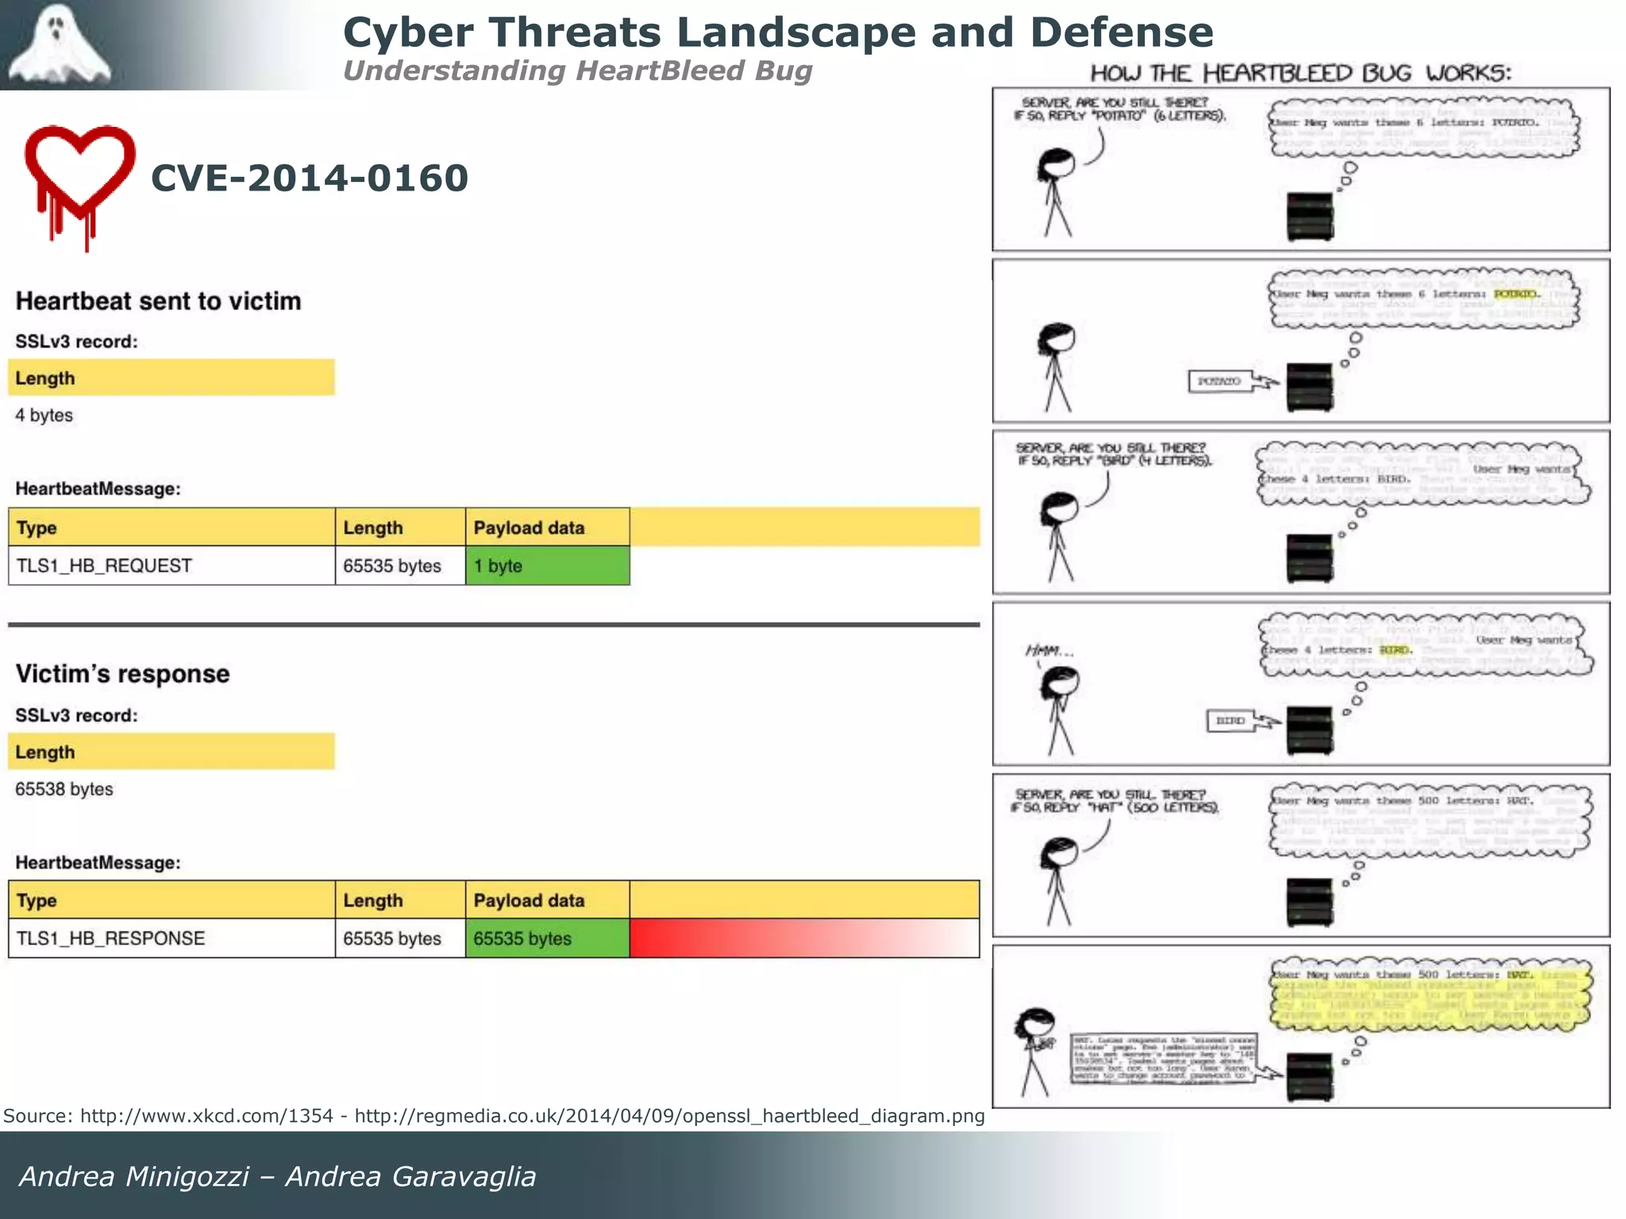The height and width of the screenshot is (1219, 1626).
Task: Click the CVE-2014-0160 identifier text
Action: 310,178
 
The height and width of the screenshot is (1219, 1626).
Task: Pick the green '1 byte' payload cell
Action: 547,566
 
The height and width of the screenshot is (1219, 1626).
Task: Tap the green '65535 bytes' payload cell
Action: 547,938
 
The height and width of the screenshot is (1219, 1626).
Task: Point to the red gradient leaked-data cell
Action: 803,938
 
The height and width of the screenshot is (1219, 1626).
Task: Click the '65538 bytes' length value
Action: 64,789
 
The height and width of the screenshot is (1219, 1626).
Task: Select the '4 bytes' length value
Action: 44,415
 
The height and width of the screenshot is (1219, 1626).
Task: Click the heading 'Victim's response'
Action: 123,674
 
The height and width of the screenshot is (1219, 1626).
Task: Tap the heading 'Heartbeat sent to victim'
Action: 159,302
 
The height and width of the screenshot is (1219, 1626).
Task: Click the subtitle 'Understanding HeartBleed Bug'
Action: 577,71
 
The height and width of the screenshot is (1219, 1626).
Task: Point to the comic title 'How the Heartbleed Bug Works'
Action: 1300,73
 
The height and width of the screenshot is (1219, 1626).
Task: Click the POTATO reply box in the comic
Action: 1219,382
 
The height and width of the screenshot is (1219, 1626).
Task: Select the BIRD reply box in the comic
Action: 1230,721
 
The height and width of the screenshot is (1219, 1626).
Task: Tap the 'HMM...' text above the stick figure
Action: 1050,652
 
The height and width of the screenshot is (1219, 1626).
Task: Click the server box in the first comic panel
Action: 1310,216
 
